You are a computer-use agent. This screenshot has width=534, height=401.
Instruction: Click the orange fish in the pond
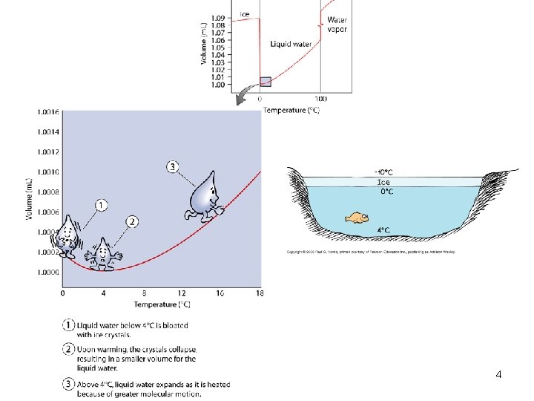[357, 218]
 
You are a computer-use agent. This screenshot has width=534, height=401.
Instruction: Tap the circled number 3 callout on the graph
[174, 167]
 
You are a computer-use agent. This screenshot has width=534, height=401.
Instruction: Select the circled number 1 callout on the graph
[102, 204]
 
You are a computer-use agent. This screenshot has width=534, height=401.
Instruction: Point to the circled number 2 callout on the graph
[132, 221]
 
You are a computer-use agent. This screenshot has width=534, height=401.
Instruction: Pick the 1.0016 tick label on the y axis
[49, 112]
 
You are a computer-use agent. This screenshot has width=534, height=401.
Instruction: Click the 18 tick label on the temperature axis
[259, 293]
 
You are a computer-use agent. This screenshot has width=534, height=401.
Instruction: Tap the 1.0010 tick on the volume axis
[49, 172]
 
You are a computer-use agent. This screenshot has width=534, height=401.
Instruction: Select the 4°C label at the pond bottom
[383, 230]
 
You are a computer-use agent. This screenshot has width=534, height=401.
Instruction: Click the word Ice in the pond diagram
[383, 181]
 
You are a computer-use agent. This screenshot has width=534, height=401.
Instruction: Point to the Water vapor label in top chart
[337, 24]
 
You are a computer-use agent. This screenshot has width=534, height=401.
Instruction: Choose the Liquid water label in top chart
[290, 44]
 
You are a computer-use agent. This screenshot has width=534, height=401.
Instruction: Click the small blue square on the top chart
[266, 81]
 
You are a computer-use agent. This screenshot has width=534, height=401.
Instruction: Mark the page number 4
[498, 375]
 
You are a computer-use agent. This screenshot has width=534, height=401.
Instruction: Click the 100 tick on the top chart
[320, 98]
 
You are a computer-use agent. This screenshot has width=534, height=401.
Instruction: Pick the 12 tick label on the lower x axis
[182, 293]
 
